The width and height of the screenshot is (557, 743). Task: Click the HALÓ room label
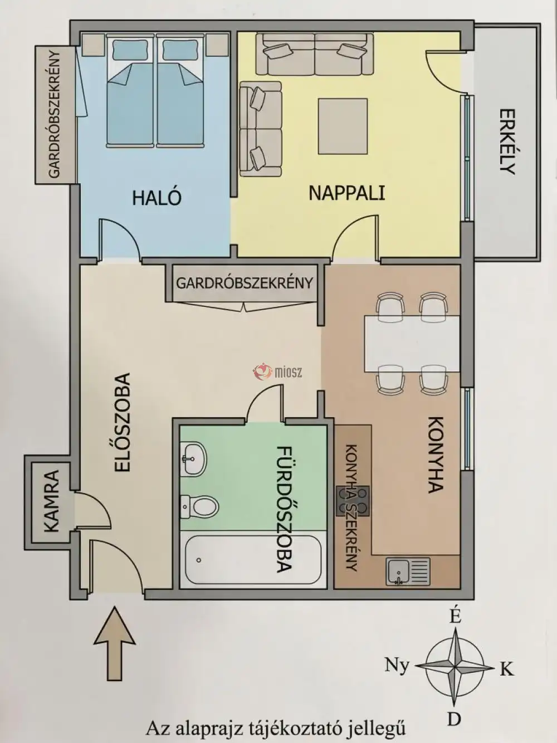point(157,198)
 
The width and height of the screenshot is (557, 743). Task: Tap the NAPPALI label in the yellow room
point(347,193)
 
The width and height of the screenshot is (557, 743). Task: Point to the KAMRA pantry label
point(51,501)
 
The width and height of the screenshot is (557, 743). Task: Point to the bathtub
point(251,559)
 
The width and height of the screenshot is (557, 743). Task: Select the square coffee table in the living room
point(343,126)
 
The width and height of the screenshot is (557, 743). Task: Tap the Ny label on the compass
point(397,664)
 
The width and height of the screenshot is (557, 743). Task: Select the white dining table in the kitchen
point(412,344)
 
